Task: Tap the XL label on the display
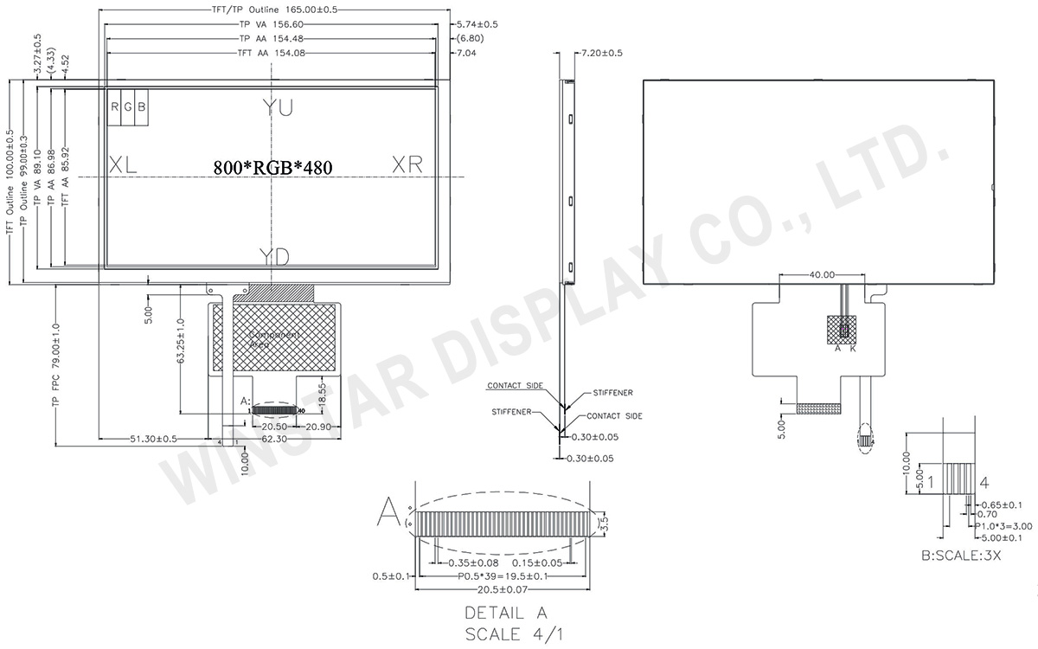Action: click(x=123, y=165)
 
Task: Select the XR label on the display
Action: click(x=407, y=164)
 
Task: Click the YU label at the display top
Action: click(x=278, y=107)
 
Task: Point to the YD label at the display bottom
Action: click(x=275, y=255)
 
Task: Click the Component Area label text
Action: click(x=272, y=339)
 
